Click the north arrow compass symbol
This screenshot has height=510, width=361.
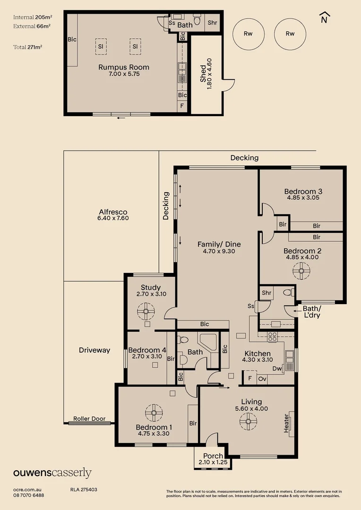[x=324, y=17]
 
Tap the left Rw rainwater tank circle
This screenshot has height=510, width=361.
[x=248, y=34]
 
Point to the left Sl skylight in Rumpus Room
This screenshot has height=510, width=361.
[x=101, y=46]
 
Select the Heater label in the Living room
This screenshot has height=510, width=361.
[x=286, y=424]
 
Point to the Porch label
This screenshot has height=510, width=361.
[x=213, y=456]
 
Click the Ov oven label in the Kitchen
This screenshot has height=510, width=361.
[x=263, y=379]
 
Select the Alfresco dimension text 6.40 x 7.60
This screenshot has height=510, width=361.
[x=113, y=218]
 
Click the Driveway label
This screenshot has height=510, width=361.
[x=95, y=350]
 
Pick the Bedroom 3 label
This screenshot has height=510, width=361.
[x=303, y=191]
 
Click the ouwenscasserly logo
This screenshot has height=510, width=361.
[x=52, y=473]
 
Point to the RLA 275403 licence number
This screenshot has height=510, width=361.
[x=84, y=490]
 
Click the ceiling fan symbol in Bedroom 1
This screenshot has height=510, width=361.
[x=154, y=412]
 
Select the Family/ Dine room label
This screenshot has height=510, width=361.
[x=219, y=244]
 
